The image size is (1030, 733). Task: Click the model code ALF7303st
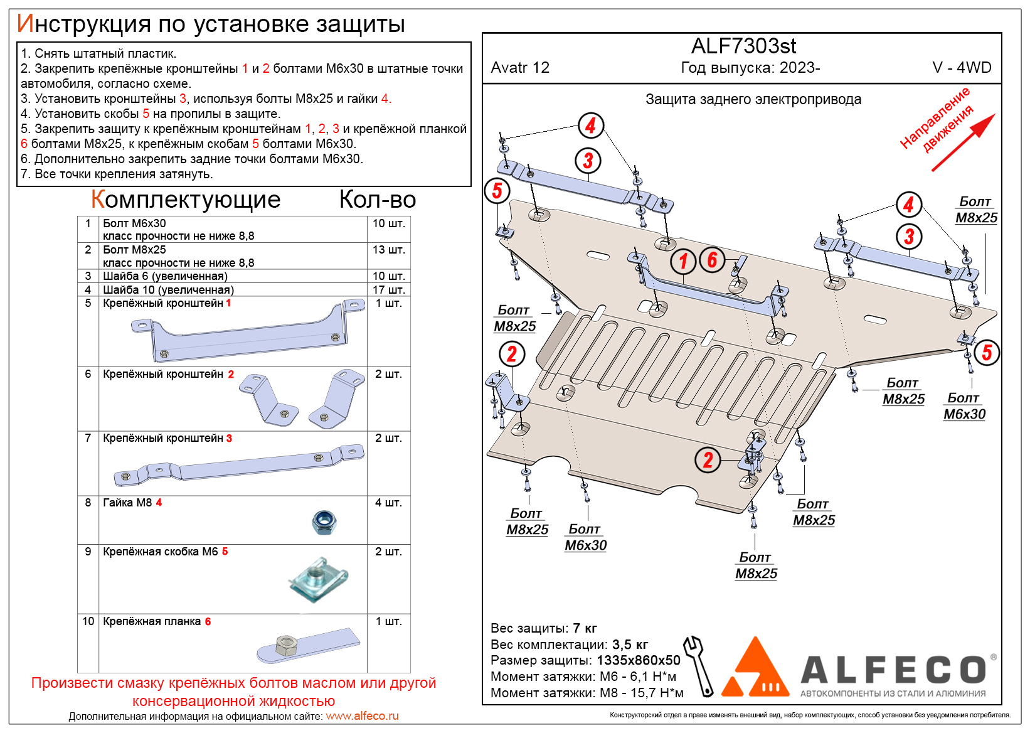click(x=743, y=46)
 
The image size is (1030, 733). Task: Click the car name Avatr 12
click(x=520, y=68)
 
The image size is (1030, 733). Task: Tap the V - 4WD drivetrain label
click(x=962, y=68)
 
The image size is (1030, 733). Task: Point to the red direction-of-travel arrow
click(x=962, y=142)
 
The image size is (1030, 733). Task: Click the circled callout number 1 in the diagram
click(x=683, y=261)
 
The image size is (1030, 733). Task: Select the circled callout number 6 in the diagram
click(x=712, y=259)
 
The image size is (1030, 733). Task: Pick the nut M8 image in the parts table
click(x=324, y=522)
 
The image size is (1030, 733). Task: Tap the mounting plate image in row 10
click(x=308, y=645)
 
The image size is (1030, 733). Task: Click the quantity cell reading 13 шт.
click(x=388, y=250)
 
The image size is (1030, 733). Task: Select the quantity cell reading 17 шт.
click(x=388, y=290)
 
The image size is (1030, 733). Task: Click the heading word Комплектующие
click(x=186, y=200)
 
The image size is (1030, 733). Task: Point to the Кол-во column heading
click(x=378, y=200)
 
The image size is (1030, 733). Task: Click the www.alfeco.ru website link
click(x=362, y=716)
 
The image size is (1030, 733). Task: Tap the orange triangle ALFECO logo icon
click(x=755, y=669)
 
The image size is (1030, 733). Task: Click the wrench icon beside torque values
click(x=699, y=665)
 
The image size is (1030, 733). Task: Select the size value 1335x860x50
click(x=638, y=660)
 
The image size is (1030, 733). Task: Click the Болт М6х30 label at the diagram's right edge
click(x=964, y=407)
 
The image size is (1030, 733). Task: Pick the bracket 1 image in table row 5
click(x=248, y=331)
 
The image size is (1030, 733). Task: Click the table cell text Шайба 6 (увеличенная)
click(x=165, y=276)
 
